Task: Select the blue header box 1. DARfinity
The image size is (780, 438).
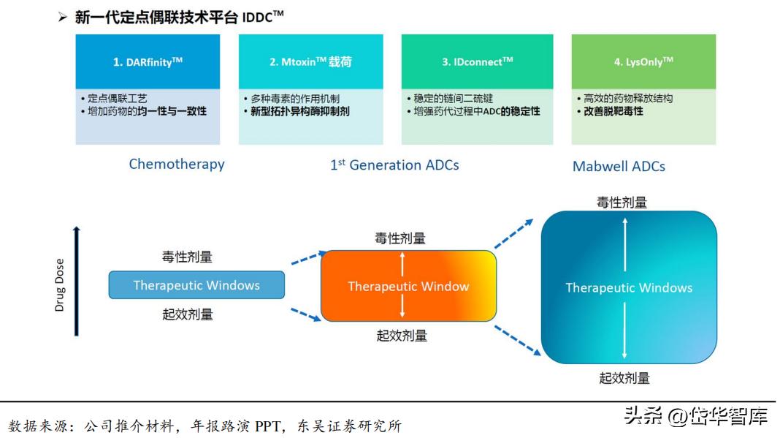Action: click(x=148, y=62)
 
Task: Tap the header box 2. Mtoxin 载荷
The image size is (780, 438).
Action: click(x=310, y=62)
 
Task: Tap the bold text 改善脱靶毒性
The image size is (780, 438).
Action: click(x=609, y=111)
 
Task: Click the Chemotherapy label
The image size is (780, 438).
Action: click(x=177, y=164)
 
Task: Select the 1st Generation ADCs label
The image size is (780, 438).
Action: click(x=394, y=165)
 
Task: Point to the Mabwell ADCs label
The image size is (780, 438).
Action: click(x=619, y=166)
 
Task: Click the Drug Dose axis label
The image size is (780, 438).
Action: click(x=60, y=285)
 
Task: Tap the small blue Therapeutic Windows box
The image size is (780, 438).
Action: click(x=196, y=285)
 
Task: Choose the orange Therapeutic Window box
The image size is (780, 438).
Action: click(x=408, y=286)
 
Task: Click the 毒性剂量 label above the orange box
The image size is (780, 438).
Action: click(x=400, y=238)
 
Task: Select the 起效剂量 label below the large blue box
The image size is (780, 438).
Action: click(x=624, y=378)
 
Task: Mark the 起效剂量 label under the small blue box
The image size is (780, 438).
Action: click(x=188, y=314)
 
